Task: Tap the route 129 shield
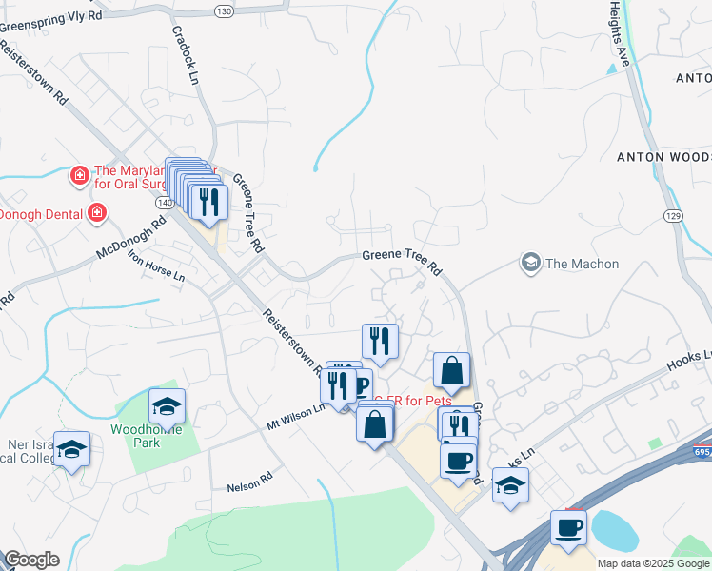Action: point(674,217)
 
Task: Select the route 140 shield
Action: point(166,203)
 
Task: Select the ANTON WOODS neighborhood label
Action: point(663,156)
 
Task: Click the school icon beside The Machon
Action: point(531,263)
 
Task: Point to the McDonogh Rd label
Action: point(130,238)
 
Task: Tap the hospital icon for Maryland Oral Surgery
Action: point(80,175)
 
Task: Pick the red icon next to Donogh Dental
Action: point(97,213)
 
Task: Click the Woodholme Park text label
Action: point(140,429)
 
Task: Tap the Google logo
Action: point(31,560)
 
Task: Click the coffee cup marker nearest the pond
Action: point(569,528)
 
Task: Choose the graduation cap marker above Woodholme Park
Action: point(167,406)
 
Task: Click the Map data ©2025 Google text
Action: point(653,563)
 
